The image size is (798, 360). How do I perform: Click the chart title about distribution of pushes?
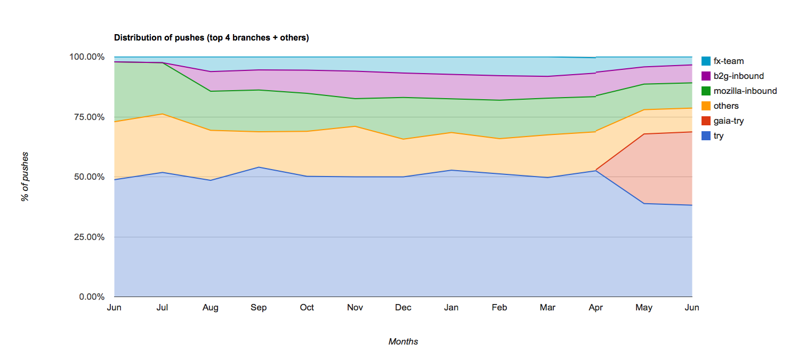[x=212, y=38]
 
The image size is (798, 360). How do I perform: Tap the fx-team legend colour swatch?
[x=706, y=61]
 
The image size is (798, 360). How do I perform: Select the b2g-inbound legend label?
[x=738, y=76]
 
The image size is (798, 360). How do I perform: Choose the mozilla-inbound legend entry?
[x=745, y=91]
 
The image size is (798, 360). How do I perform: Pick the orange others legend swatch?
[x=706, y=106]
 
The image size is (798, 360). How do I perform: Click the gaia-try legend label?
[x=728, y=121]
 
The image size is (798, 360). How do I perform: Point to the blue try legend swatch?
[x=706, y=136]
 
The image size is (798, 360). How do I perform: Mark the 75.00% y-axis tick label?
[x=88, y=117]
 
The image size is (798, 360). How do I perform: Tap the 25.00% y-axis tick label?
[x=88, y=237]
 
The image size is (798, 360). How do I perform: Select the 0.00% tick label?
[x=91, y=297]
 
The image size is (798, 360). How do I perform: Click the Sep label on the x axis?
[x=259, y=308]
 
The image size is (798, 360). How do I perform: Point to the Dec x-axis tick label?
[x=403, y=308]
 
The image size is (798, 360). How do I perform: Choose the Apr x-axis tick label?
[x=595, y=308]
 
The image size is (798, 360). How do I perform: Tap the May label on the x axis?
[x=644, y=308]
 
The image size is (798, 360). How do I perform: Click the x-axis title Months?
[x=403, y=342]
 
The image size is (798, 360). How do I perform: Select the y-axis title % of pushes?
[x=25, y=177]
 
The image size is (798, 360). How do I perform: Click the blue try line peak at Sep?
[x=259, y=167]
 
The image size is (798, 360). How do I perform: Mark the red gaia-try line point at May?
[x=644, y=134]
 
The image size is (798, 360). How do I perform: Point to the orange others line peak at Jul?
[x=163, y=114]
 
